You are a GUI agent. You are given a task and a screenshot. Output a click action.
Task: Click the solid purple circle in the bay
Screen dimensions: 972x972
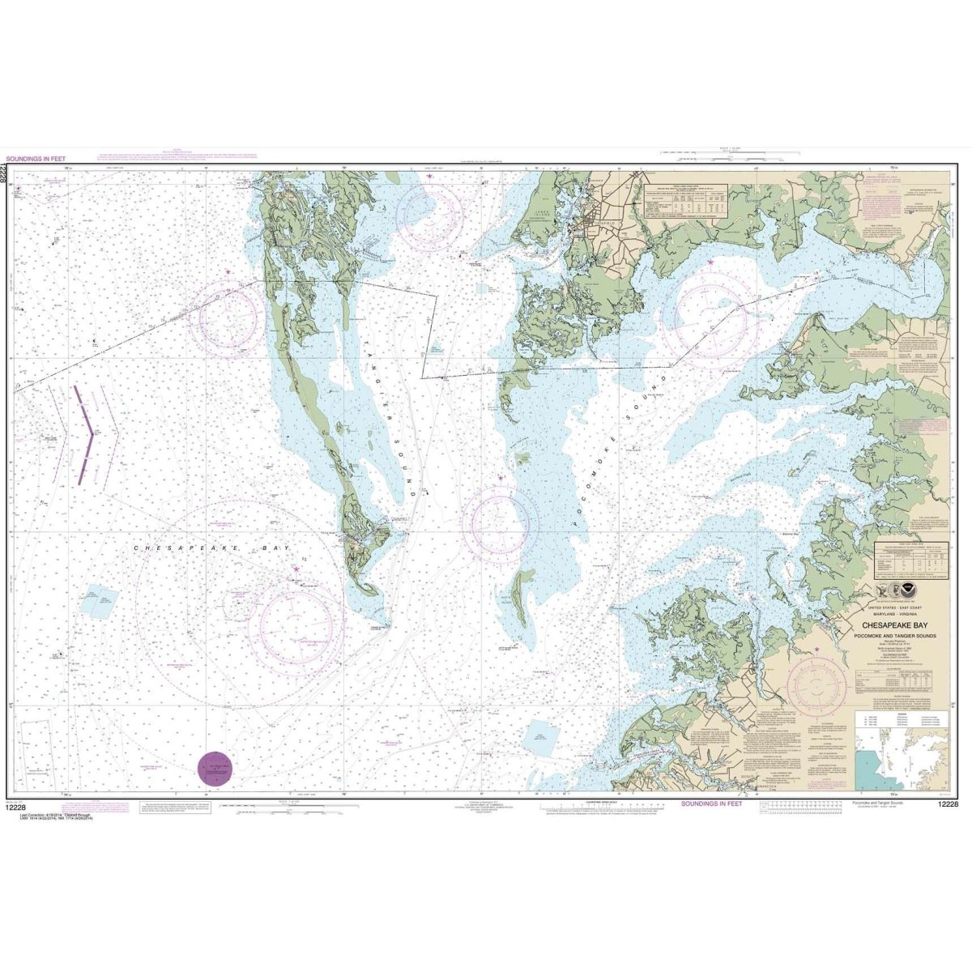(x=215, y=768)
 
